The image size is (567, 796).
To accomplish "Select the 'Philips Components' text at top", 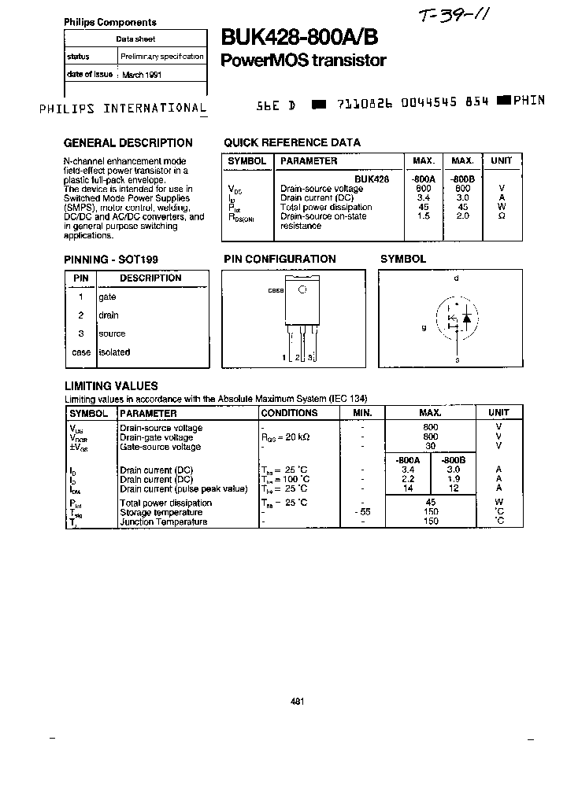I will click(109, 23).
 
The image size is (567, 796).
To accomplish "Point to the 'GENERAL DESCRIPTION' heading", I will click(128, 143).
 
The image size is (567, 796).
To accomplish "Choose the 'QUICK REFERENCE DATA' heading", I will click(292, 143).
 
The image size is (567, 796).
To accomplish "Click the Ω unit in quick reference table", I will click(502, 216).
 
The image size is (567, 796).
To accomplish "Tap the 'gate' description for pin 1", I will click(107, 297).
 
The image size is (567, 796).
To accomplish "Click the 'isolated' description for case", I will click(114, 352).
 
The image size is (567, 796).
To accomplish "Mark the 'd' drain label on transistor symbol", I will click(456, 278).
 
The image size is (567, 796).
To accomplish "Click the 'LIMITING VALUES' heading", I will click(110, 386).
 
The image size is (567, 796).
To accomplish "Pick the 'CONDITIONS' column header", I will click(289, 413).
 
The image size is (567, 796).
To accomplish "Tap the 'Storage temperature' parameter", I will click(161, 512).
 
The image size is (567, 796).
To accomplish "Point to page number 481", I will click(297, 702).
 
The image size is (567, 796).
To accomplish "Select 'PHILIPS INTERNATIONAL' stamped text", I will click(123, 109).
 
